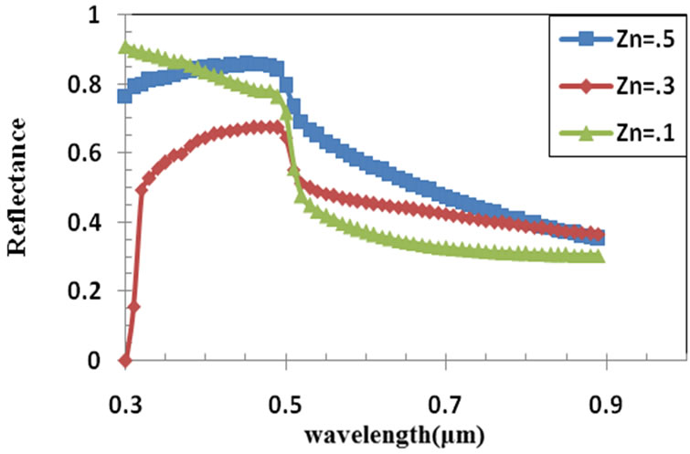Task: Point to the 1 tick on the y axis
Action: click(x=94, y=16)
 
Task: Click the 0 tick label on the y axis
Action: click(x=94, y=361)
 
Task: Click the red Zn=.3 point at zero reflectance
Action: click(x=126, y=360)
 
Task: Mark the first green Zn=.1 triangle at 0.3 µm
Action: click(x=126, y=48)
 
